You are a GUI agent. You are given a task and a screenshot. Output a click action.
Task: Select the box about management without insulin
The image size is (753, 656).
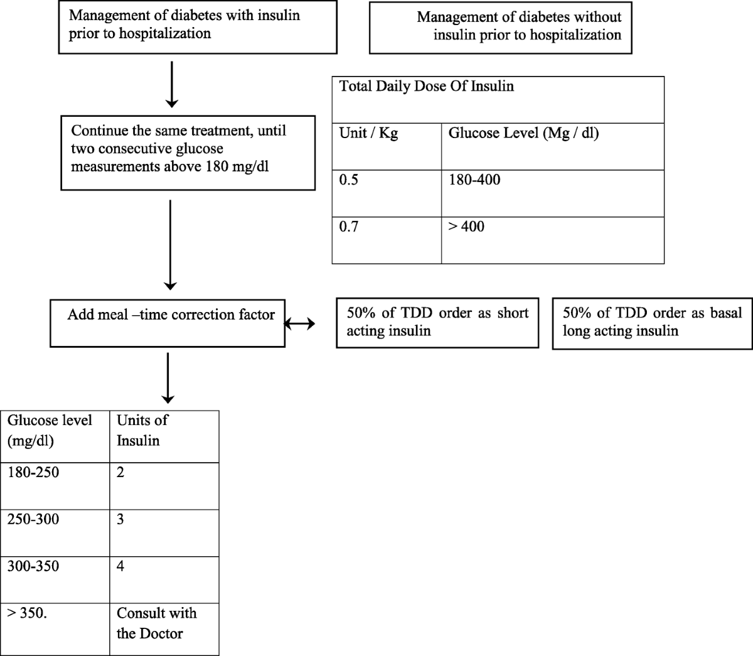click(500, 28)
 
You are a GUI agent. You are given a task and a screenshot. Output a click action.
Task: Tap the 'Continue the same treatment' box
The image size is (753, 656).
click(188, 152)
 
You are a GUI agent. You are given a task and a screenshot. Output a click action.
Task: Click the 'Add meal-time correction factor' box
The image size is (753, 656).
click(168, 322)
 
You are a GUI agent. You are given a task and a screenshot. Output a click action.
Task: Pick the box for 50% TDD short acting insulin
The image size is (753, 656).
click(437, 323)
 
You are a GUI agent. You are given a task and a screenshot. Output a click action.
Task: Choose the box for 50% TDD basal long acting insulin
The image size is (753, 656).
click(652, 323)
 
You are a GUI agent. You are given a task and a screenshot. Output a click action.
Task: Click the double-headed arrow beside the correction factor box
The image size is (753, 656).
click(301, 324)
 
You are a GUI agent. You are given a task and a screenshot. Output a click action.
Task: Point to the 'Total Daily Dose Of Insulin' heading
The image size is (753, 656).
click(427, 87)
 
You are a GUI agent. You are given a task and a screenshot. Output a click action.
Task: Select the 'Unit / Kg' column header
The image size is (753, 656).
click(368, 134)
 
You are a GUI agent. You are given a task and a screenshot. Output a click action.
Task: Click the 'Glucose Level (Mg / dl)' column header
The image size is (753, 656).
click(523, 134)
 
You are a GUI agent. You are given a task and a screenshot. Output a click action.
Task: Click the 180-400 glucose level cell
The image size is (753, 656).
click(474, 180)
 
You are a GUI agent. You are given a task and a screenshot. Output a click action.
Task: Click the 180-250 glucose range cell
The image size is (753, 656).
click(33, 473)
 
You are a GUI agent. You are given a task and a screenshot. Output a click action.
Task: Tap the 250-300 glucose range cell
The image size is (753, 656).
click(33, 520)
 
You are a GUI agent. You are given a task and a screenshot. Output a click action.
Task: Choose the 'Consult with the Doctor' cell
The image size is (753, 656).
click(156, 623)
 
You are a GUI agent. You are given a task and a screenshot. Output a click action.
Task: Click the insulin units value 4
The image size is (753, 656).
click(120, 567)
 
